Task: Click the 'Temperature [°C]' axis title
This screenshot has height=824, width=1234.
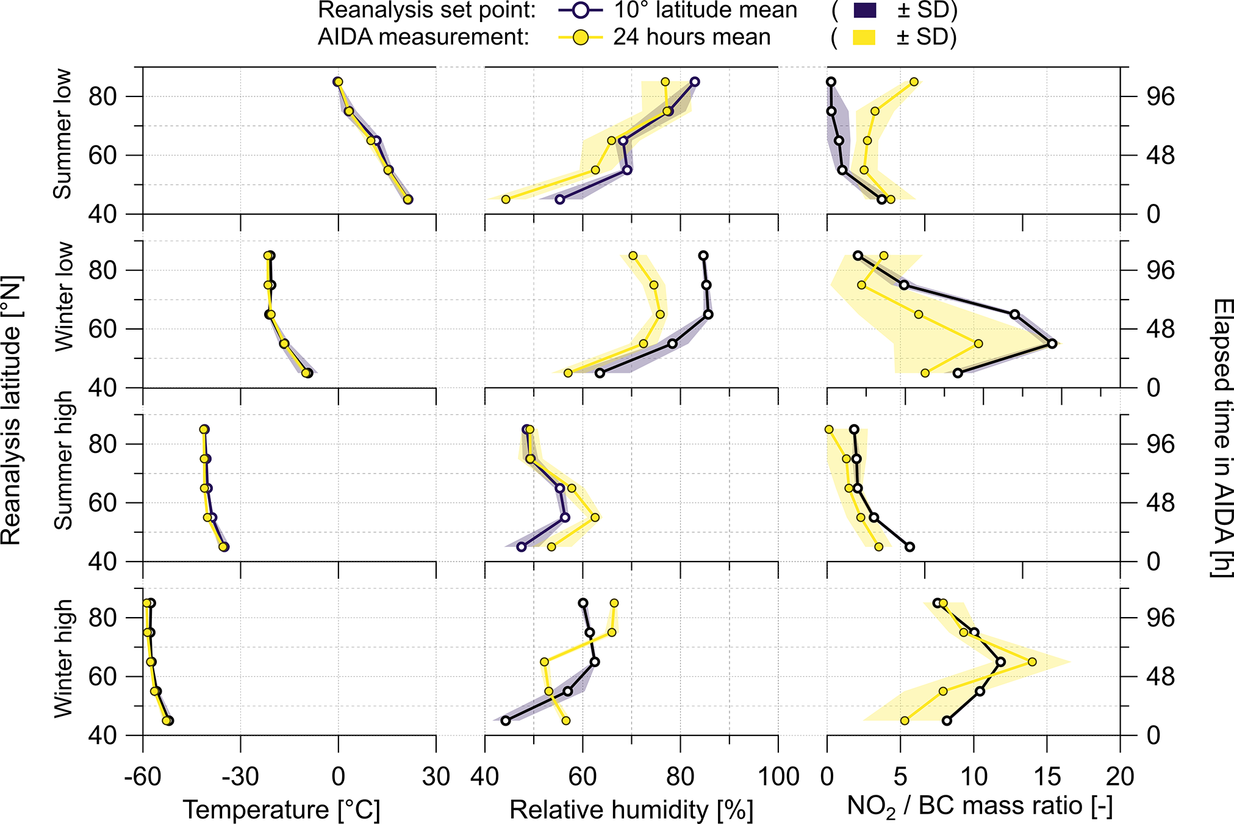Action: click(x=281, y=810)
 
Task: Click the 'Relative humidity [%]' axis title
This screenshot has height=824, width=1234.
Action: click(x=631, y=810)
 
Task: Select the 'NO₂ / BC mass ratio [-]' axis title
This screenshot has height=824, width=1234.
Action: click(x=980, y=807)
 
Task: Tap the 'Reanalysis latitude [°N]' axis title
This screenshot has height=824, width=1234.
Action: click(x=11, y=410)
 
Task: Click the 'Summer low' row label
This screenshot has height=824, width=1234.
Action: click(x=62, y=134)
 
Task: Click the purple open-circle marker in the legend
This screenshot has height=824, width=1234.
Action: click(x=581, y=10)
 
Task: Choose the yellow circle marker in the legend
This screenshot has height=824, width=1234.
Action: click(x=581, y=38)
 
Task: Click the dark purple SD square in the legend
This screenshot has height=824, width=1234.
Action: click(x=864, y=10)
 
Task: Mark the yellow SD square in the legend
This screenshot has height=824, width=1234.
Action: click(x=864, y=38)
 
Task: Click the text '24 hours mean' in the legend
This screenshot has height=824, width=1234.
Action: click(x=692, y=38)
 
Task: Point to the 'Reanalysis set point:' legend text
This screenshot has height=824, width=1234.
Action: click(x=427, y=10)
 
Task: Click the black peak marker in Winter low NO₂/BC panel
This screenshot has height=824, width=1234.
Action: click(x=1052, y=344)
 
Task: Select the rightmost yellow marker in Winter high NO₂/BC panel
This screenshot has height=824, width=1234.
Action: click(x=1032, y=662)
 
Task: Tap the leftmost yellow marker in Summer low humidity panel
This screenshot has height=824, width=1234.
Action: click(x=506, y=200)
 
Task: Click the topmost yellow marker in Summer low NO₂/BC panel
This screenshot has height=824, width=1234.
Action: click(x=914, y=82)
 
